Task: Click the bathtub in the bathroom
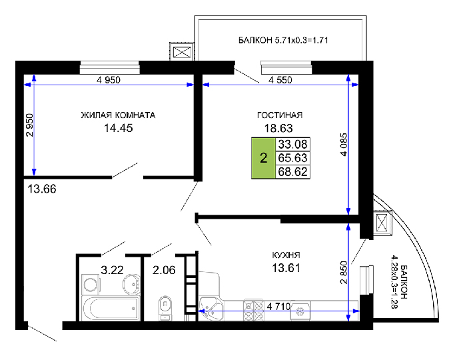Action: [111, 308]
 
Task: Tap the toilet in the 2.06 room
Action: [165, 307]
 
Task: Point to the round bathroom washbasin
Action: [131, 284]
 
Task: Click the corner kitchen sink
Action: [211, 309]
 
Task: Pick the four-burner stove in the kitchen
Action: [253, 310]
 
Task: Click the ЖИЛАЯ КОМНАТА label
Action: [118, 115]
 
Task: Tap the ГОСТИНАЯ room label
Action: [280, 115]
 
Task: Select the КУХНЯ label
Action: [286, 255]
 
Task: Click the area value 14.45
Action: [118, 128]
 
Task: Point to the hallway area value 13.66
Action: [42, 189]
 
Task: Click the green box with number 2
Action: [264, 158]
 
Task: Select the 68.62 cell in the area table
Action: [292, 172]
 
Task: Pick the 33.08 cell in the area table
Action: [292, 144]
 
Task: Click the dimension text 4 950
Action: [109, 80]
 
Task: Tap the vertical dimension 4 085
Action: [344, 145]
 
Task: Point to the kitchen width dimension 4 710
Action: [278, 306]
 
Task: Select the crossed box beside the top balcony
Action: [182, 53]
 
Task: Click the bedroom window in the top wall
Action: [109, 67]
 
